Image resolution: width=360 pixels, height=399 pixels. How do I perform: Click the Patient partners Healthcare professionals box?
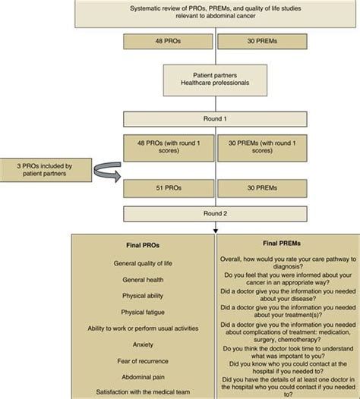click(217, 80)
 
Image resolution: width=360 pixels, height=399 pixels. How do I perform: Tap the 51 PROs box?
click(169, 186)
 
